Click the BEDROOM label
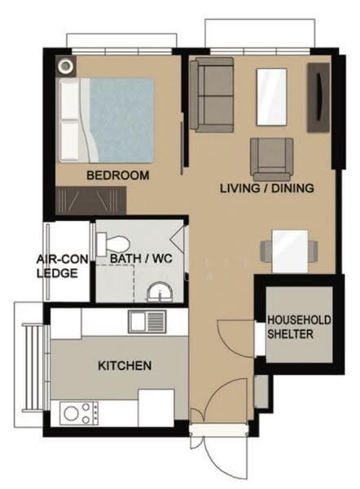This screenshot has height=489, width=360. (x=117, y=175)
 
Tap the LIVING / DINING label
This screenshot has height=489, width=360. (x=267, y=188)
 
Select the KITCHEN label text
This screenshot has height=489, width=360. (x=125, y=365)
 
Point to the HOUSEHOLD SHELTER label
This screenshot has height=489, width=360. (x=299, y=327)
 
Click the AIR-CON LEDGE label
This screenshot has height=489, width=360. (x=62, y=267)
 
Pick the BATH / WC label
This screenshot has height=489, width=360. (x=141, y=258)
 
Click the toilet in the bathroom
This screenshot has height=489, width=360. (x=112, y=244)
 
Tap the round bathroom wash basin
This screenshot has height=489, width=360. (x=160, y=292)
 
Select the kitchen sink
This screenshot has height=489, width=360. (x=147, y=321)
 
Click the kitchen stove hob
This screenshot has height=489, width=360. (x=79, y=413)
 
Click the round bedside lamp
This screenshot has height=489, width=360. (x=65, y=66)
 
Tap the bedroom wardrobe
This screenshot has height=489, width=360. (x=90, y=200)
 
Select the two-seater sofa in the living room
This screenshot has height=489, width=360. (x=212, y=95)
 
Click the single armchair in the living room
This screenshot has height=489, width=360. (x=271, y=160)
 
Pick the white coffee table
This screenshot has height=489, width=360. (x=271, y=97)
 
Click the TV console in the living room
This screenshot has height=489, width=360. (x=318, y=98)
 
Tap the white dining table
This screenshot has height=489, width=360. (x=290, y=251)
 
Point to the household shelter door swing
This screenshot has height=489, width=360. (x=236, y=339)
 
